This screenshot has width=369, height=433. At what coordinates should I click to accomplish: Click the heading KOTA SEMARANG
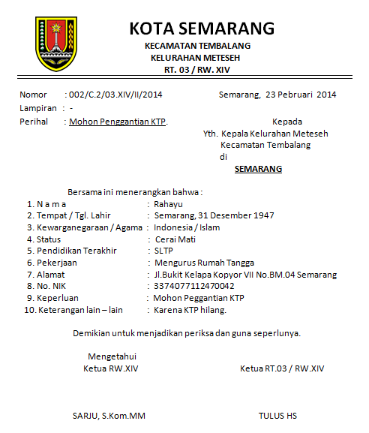[x=202, y=29]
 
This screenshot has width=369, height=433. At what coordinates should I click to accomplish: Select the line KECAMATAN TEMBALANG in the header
[x=197, y=46]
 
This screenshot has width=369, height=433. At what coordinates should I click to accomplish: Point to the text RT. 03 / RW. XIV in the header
[x=197, y=70]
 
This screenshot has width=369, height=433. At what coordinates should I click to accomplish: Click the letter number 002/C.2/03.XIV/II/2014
[x=115, y=95]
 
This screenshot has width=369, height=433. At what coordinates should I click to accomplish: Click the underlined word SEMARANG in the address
[x=258, y=169]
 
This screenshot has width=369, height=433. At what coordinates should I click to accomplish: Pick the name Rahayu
[x=168, y=204]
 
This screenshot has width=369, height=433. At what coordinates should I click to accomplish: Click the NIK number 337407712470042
[x=193, y=286]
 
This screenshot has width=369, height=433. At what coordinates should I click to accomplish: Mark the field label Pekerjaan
[x=58, y=263]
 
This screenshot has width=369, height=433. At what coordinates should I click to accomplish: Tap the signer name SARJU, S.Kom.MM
[x=109, y=415]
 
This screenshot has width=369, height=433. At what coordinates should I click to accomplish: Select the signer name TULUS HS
[x=277, y=415]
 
